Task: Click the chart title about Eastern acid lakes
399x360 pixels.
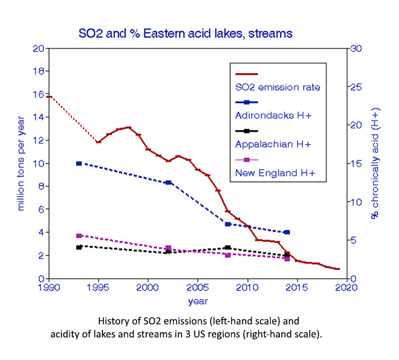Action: pyautogui.click(x=184, y=32)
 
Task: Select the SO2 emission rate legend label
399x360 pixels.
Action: pyautogui.click(x=277, y=87)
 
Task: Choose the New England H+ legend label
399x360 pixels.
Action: pyautogui.click(x=274, y=173)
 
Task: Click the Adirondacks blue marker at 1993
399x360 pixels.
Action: pyautogui.click(x=79, y=163)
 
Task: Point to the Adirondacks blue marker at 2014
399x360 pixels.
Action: pyautogui.click(x=287, y=232)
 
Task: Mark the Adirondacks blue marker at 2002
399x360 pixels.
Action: pyautogui.click(x=168, y=182)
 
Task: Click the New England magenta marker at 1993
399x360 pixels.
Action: pyautogui.click(x=79, y=236)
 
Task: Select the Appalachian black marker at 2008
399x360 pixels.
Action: pyautogui.click(x=228, y=248)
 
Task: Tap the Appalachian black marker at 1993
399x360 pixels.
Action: pyautogui.click(x=79, y=247)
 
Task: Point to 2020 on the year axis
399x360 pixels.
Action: pyautogui.click(x=346, y=288)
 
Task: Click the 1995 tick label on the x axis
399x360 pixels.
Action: pyautogui.click(x=98, y=288)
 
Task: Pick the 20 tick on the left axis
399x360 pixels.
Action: pyautogui.click(x=38, y=49)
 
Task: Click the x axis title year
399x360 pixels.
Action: pyautogui.click(x=198, y=301)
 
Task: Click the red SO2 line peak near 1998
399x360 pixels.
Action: pyautogui.click(x=128, y=127)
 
